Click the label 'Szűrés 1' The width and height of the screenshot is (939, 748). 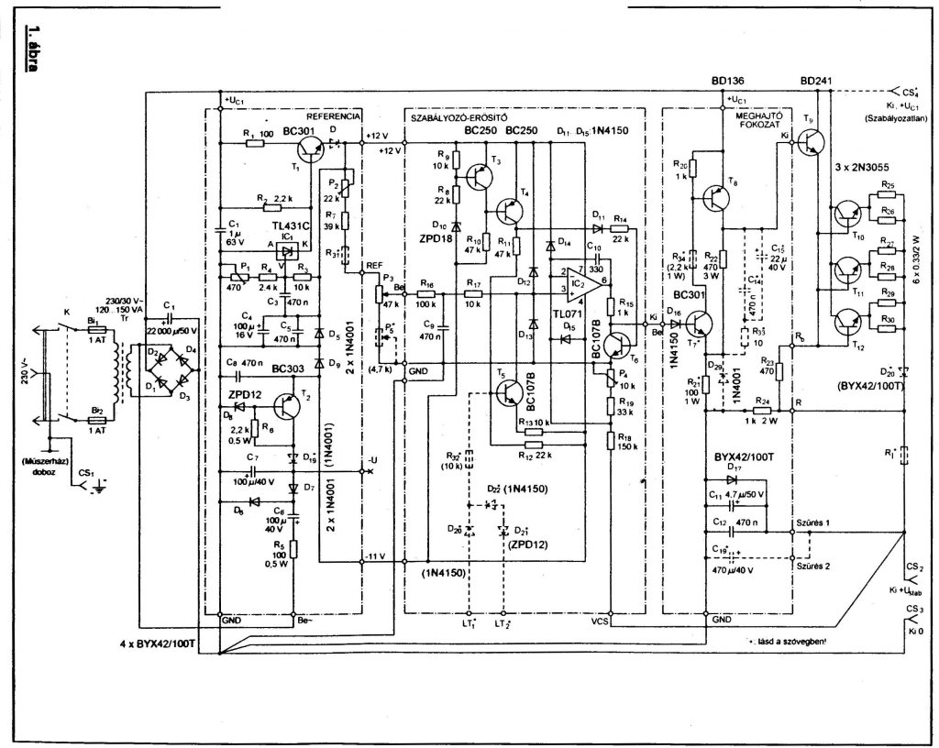(814, 522)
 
